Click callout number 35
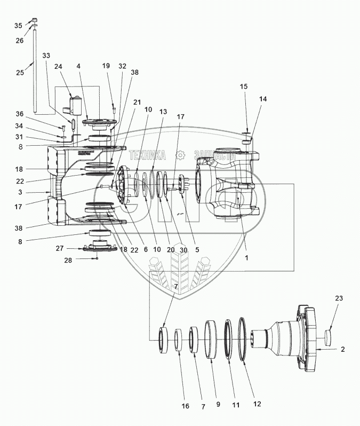click(18, 26)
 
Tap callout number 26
click(20, 41)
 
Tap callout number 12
click(257, 405)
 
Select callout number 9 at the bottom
click(218, 405)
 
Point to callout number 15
click(243, 86)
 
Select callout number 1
click(246, 257)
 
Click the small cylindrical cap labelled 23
click(329, 336)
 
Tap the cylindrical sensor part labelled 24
click(76, 105)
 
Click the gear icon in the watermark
click(180, 155)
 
